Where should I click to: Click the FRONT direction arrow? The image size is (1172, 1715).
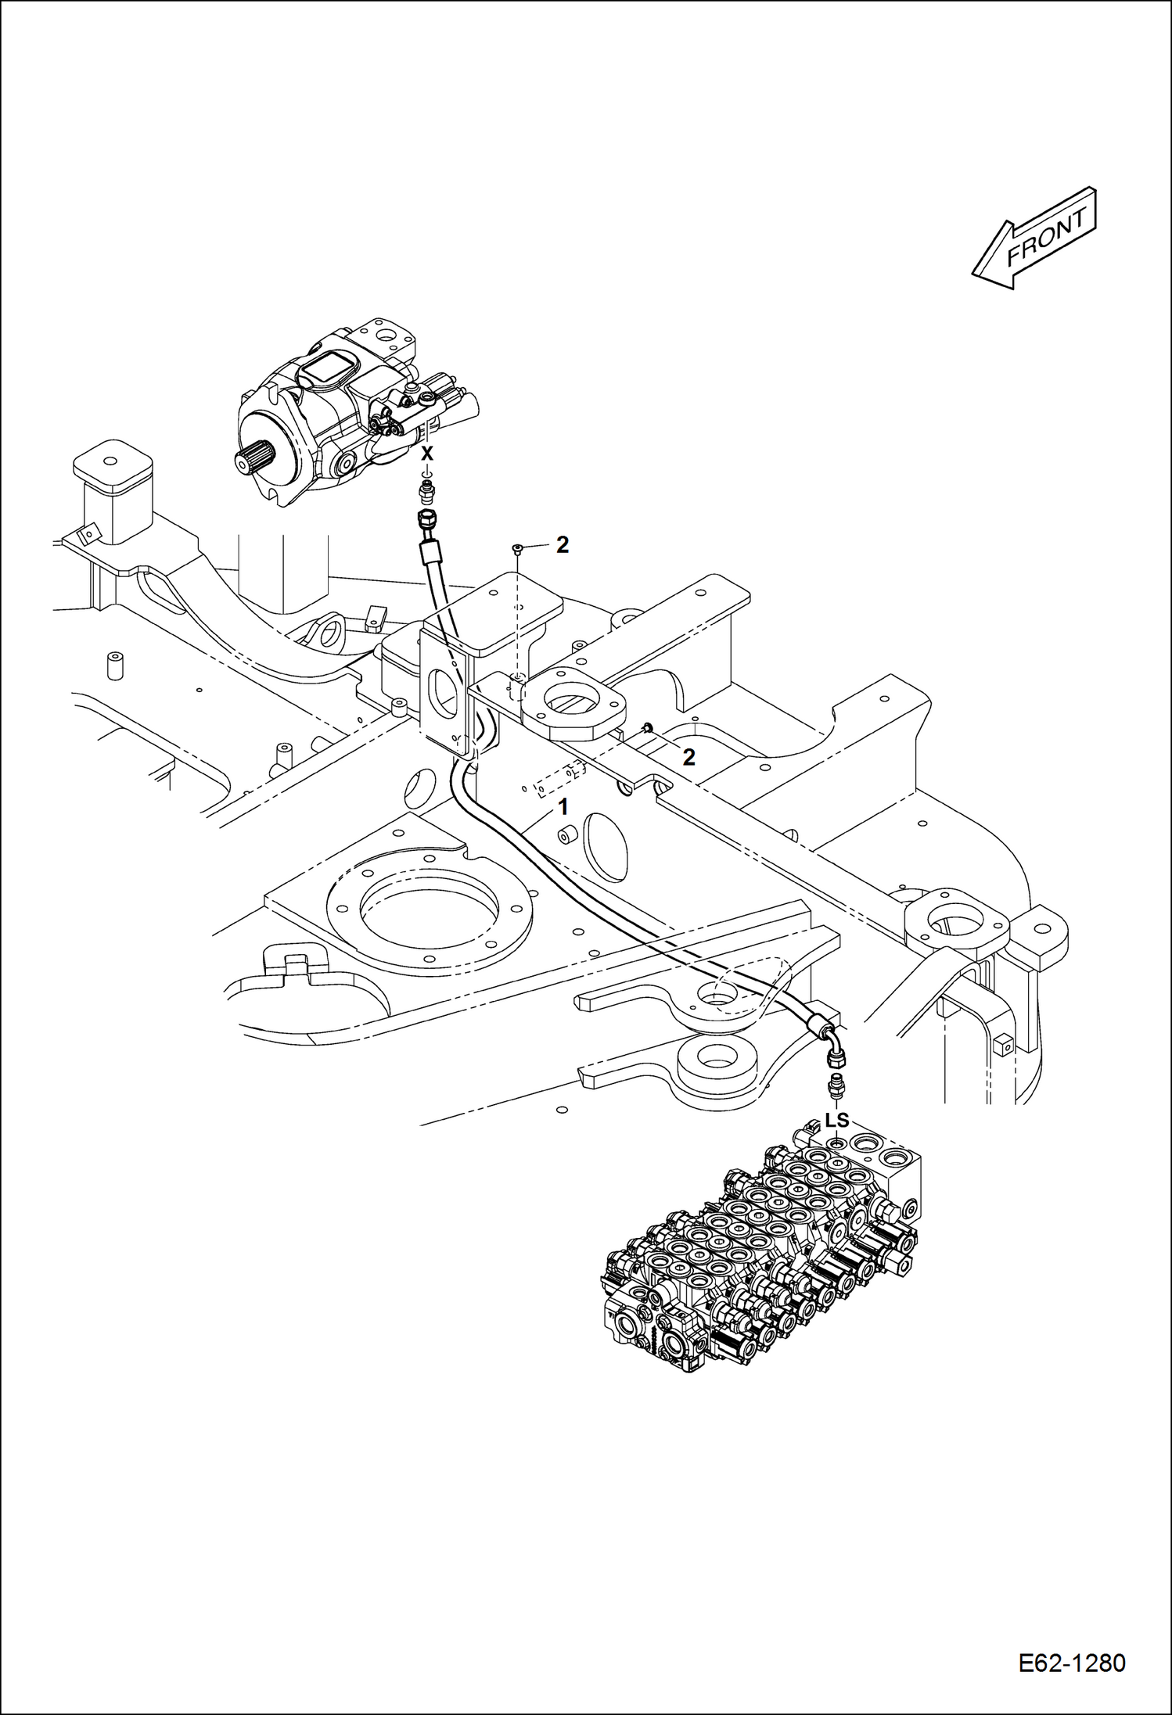(1034, 239)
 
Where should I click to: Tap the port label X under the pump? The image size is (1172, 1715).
(426, 454)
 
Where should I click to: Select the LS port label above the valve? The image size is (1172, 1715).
(836, 1120)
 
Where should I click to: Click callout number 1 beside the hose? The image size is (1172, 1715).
(563, 805)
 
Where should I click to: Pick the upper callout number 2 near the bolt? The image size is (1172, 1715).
(563, 546)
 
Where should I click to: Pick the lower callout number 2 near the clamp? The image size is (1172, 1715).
(688, 756)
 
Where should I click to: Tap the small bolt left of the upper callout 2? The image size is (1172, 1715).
(516, 550)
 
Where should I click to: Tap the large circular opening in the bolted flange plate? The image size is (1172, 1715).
(429, 908)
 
